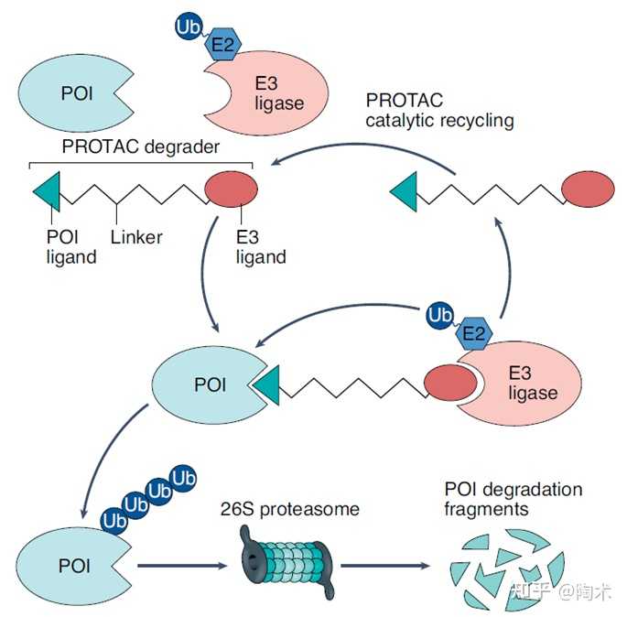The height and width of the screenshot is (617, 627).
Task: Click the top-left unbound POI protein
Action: [69, 93]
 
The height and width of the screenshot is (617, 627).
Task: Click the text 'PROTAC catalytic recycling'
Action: [438, 110]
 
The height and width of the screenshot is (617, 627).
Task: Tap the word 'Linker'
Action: [136, 237]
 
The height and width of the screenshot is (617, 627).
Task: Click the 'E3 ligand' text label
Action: [260, 247]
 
